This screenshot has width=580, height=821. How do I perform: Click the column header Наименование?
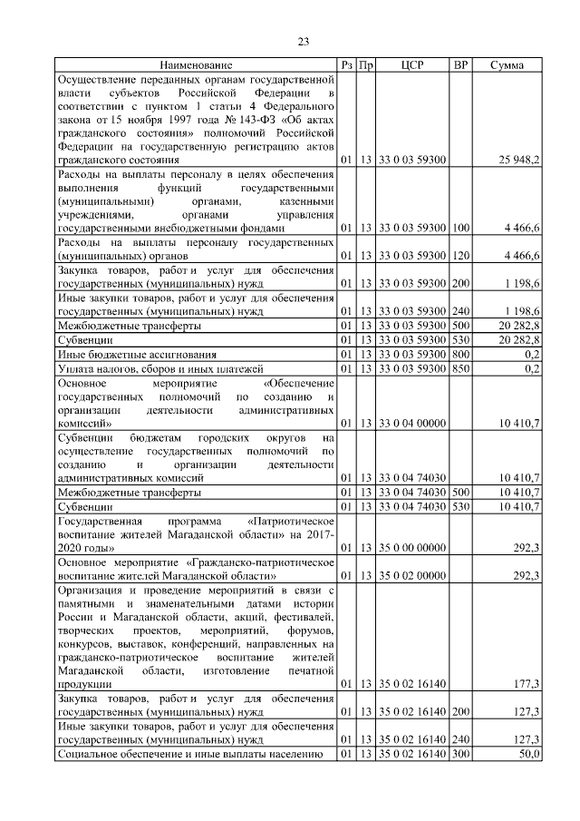(x=196, y=65)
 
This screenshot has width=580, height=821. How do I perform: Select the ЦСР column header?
(x=411, y=65)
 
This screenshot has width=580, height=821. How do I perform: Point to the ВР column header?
(x=460, y=65)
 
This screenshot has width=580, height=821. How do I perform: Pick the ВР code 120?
(x=460, y=257)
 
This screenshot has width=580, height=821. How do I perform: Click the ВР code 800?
(x=460, y=354)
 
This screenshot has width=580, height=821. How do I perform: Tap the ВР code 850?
(x=460, y=368)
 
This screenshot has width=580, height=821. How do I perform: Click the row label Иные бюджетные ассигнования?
(x=137, y=354)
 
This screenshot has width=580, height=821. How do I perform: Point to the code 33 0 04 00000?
(x=411, y=423)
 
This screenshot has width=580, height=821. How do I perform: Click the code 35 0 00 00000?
(x=411, y=548)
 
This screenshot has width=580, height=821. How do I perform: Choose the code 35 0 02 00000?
(x=411, y=575)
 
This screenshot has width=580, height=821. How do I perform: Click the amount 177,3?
(x=527, y=683)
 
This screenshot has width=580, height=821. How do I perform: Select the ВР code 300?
(x=460, y=754)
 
